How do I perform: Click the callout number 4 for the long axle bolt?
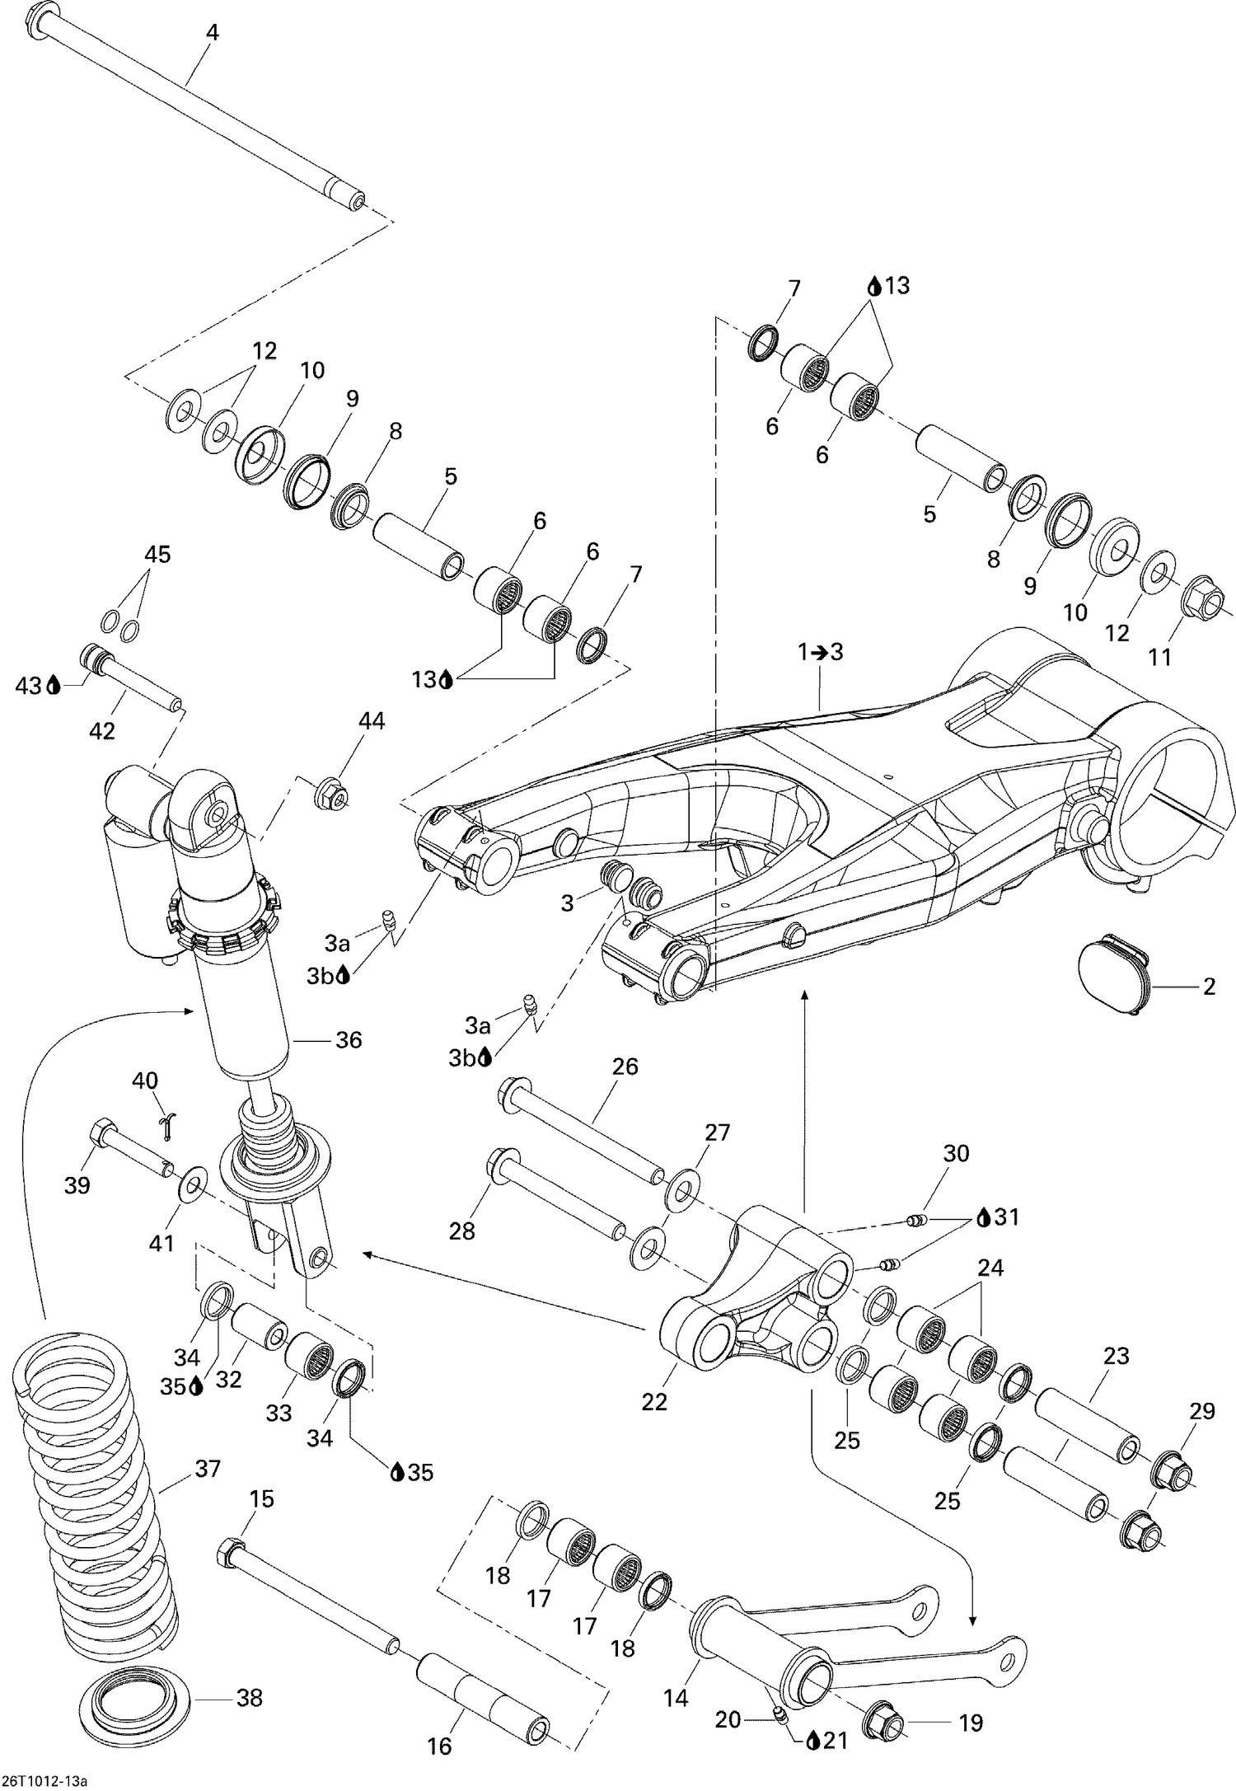point(213,33)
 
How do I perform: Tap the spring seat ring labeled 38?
point(138,1699)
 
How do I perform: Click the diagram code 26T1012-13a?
point(44,1777)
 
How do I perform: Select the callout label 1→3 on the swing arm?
point(820,652)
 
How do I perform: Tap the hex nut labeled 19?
point(884,1721)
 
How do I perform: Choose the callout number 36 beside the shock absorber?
point(349,1040)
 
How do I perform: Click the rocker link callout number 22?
point(654,1402)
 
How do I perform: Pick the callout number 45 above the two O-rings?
point(157,555)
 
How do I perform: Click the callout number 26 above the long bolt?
point(625,1067)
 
